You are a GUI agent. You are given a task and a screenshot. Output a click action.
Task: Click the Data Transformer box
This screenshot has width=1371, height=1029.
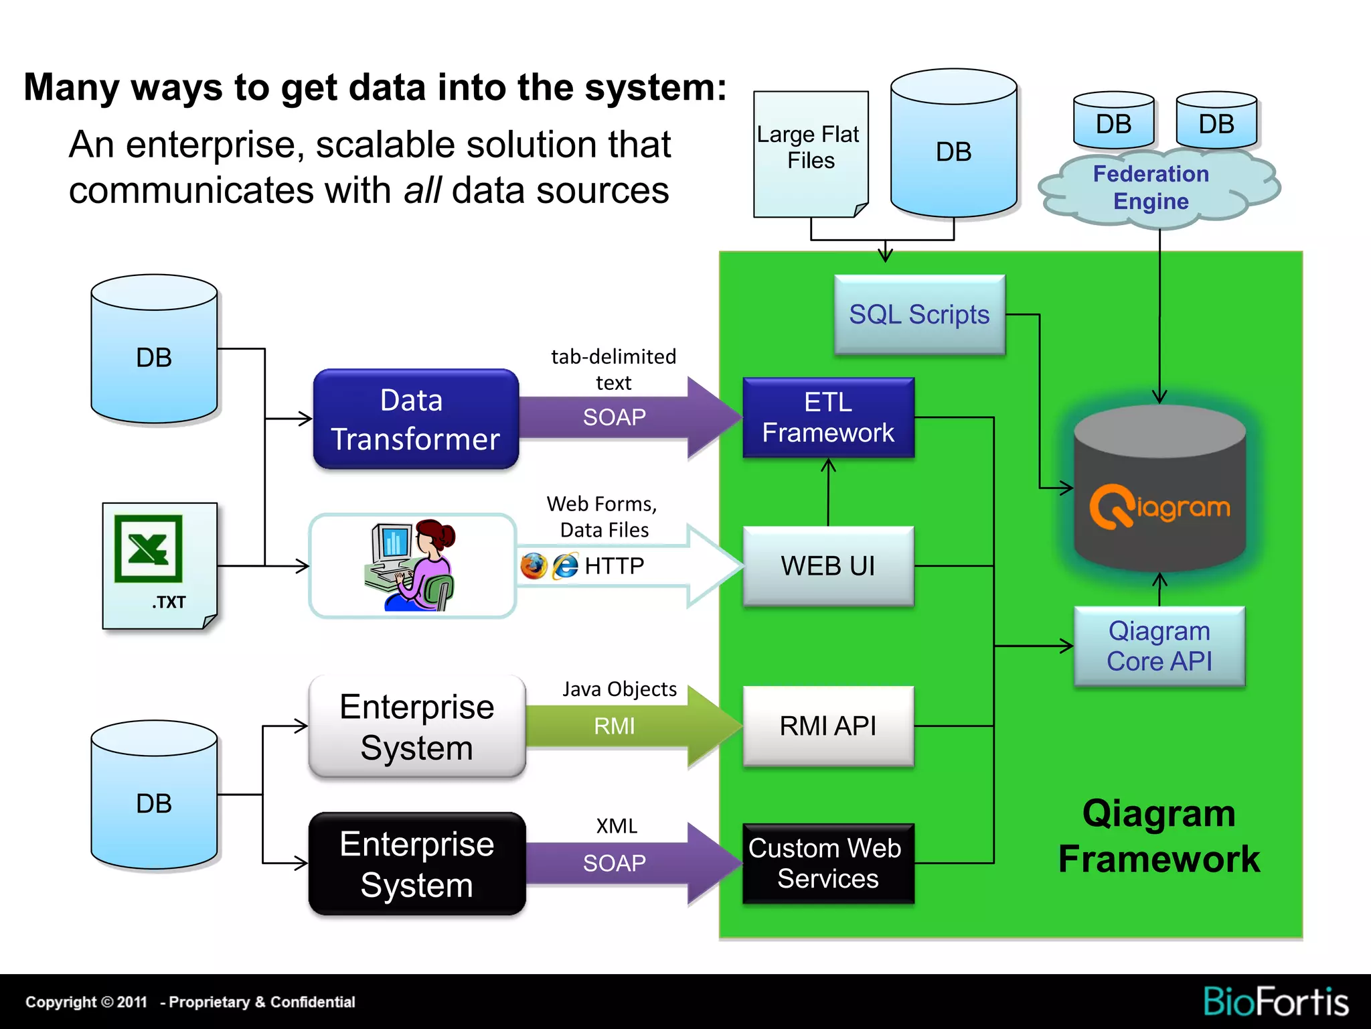coord(416,419)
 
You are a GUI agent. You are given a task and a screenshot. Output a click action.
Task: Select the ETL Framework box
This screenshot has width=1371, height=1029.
coord(828,417)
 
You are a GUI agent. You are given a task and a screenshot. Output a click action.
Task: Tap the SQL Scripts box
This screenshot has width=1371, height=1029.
coord(919,314)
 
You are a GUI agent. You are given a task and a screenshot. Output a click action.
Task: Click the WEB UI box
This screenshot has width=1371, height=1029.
coord(828,566)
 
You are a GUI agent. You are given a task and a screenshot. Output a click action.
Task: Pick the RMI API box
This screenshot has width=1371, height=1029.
coord(828,726)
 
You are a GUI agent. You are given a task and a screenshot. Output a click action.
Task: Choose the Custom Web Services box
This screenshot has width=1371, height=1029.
coord(828,864)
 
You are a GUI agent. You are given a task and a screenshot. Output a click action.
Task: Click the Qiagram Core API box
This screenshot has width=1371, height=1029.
coord(1159,646)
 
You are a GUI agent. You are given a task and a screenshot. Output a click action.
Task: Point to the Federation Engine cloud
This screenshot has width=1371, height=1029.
coord(1151,188)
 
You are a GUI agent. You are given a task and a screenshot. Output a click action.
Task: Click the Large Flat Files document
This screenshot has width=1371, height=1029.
coord(810,154)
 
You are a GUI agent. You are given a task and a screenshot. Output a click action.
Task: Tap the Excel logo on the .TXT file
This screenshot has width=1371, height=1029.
coord(148,549)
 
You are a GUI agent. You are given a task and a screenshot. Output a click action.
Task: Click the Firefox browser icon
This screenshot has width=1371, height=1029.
coord(534,566)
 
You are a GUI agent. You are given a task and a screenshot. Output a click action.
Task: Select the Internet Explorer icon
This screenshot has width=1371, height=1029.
coord(565,566)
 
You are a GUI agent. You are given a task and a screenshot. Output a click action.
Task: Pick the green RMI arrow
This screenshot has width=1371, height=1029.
coord(629,726)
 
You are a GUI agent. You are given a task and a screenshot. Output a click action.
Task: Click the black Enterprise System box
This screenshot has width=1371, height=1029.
coord(416,864)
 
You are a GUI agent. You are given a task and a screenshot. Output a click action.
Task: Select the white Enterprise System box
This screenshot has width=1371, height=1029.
coord(416,727)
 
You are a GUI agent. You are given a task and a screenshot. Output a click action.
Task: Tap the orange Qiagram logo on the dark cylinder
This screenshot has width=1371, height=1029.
coord(1159,507)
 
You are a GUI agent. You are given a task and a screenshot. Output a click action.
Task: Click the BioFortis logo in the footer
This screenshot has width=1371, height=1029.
coord(1275,1002)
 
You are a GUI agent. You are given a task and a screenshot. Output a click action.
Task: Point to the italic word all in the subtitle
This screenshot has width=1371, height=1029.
coord(422,191)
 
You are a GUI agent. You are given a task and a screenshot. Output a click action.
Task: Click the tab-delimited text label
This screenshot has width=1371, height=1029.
coord(613,369)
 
